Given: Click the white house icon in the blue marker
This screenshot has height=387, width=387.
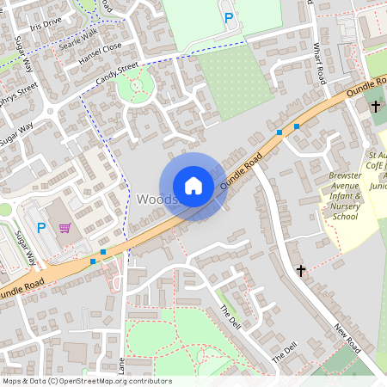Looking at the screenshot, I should [193, 186].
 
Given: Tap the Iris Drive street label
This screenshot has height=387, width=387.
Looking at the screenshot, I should [46, 26].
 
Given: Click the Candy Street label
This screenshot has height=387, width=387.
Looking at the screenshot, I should [116, 73].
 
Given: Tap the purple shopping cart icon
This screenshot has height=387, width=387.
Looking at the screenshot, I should [64, 228].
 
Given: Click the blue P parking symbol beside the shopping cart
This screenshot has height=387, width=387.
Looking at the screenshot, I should [40, 228].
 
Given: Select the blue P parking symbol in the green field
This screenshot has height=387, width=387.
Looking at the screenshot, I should [229, 17].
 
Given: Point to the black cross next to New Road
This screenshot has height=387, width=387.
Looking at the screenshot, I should [301, 270].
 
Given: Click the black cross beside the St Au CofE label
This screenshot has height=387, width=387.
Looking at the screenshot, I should [376, 107].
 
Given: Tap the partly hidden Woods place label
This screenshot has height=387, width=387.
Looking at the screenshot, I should [156, 199].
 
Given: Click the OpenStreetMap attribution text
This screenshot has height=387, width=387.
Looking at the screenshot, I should [86, 381].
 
